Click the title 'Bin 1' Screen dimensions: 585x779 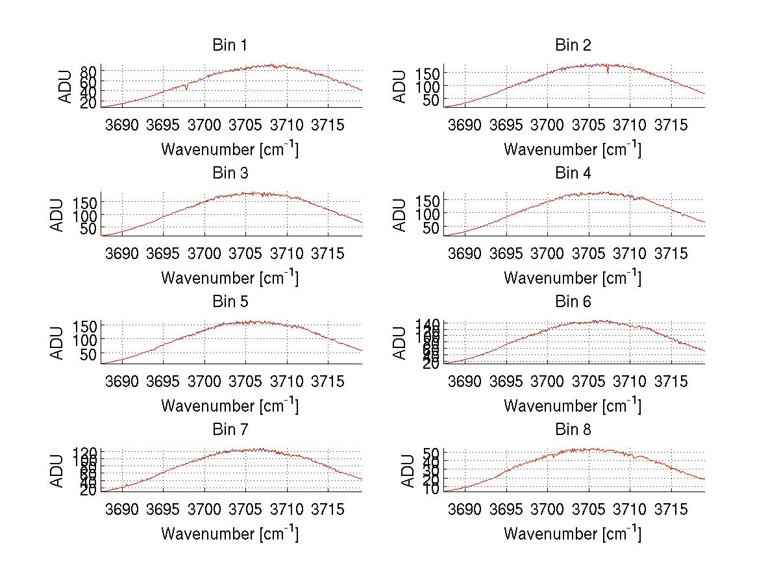coord(230,45)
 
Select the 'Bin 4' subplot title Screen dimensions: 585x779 coord(573,173)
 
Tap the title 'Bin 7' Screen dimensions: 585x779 coord(230,430)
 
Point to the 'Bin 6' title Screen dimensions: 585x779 coord(573,302)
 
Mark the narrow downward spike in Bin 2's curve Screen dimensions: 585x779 coord(608,71)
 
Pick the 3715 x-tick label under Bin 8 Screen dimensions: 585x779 coord(671,509)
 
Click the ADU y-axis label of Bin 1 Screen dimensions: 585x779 coord(66,86)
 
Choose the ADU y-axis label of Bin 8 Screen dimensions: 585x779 coord(408,471)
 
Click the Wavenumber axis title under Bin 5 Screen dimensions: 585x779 coord(230,406)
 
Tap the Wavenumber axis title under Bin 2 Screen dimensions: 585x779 coord(573,149)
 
